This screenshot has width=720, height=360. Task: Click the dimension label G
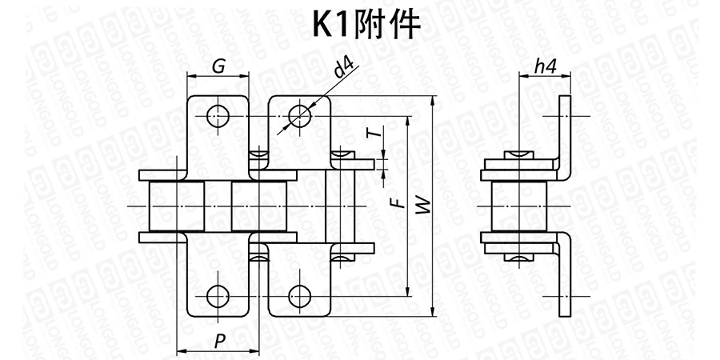(x=218, y=66)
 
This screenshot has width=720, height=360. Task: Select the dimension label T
(x=372, y=134)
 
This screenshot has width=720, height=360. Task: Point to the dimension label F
(x=394, y=204)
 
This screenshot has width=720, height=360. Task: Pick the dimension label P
(x=219, y=341)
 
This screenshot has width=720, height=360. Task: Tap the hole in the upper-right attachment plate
(x=299, y=115)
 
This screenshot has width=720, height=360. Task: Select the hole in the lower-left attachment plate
(x=217, y=296)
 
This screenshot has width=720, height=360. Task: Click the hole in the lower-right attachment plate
(x=299, y=296)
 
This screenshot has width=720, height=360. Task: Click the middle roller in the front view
(x=258, y=206)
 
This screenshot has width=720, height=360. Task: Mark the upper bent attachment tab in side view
(x=565, y=132)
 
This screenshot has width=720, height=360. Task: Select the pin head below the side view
(x=518, y=258)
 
